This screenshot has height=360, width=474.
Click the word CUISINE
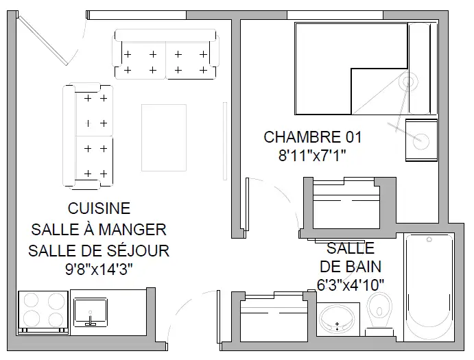coord(99,208)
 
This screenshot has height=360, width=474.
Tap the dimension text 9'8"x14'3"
coord(99,269)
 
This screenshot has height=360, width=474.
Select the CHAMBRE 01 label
coord(313,137)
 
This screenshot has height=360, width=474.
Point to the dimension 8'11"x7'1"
coord(312,156)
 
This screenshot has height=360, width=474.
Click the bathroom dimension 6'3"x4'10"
coord(351,285)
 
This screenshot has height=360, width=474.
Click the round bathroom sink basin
coord(337,319)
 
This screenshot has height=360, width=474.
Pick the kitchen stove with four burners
coord(43,313)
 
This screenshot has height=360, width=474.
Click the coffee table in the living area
coord(164,138)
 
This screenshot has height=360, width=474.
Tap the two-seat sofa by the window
coord(165,54)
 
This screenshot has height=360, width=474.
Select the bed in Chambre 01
coord(366,69)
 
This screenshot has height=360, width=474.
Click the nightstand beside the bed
coord(421,140)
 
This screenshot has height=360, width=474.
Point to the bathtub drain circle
coord(429,240)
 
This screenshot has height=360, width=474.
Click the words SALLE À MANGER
coord(99,230)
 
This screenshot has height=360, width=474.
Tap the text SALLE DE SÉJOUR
coord(99,250)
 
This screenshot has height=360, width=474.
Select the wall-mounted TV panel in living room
coord(225,141)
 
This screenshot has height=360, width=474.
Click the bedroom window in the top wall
coord(335,15)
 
